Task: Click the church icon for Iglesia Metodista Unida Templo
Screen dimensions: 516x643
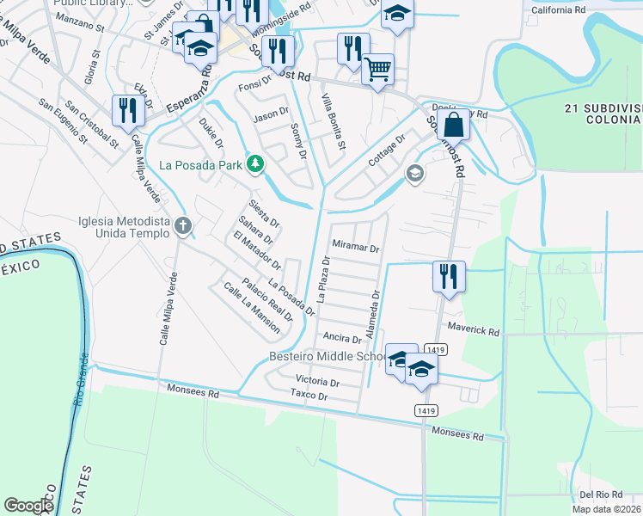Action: pos(182,226)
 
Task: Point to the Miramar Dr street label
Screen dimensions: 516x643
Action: pos(356,247)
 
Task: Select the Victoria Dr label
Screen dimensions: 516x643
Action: pos(316,381)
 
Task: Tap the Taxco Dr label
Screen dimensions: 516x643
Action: pos(309,396)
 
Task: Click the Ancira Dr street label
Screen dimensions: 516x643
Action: pos(342,339)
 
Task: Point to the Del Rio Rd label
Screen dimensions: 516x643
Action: pos(600,494)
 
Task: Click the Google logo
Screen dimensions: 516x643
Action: pos(28,506)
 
